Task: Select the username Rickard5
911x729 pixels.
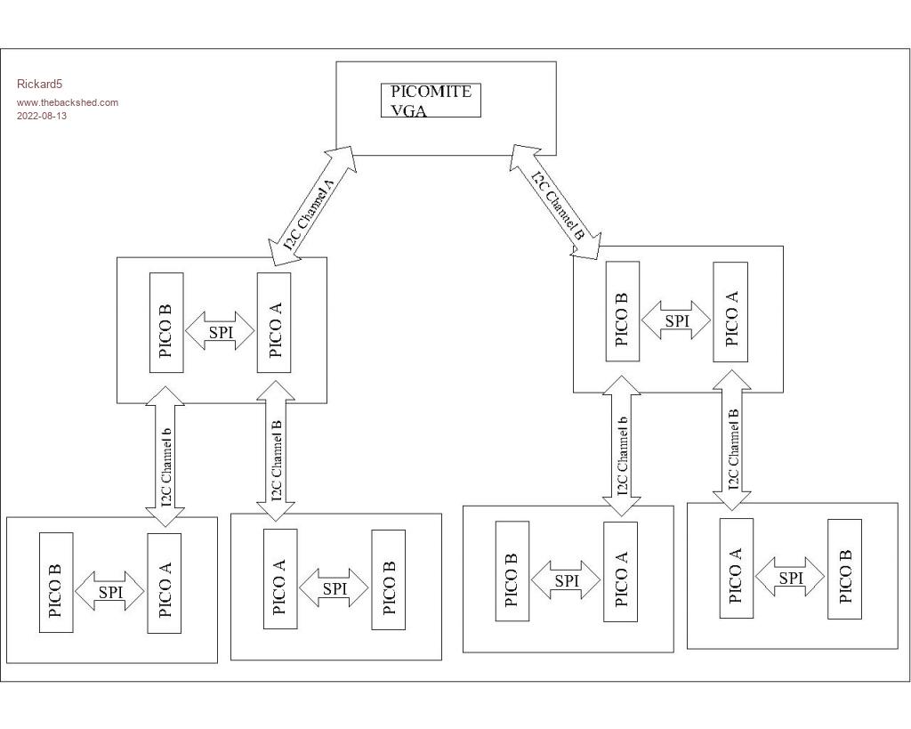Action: [39, 85]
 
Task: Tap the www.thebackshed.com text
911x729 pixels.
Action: [68, 102]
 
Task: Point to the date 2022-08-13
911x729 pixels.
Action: [42, 116]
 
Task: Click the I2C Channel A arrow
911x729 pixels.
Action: [311, 207]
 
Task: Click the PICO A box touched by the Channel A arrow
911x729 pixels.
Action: [274, 322]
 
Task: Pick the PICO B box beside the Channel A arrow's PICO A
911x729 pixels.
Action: [166, 322]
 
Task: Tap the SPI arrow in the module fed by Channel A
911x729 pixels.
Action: [220, 332]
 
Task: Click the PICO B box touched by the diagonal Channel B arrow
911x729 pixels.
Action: [622, 312]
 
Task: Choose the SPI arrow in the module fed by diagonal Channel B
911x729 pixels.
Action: [676, 320]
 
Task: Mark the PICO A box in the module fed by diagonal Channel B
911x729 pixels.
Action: [730, 312]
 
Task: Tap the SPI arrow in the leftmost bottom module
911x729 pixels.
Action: [109, 592]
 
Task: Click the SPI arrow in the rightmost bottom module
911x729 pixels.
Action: [790, 578]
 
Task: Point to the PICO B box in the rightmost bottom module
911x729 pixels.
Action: [844, 569]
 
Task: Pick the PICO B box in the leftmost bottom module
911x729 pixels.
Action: [56, 583]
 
